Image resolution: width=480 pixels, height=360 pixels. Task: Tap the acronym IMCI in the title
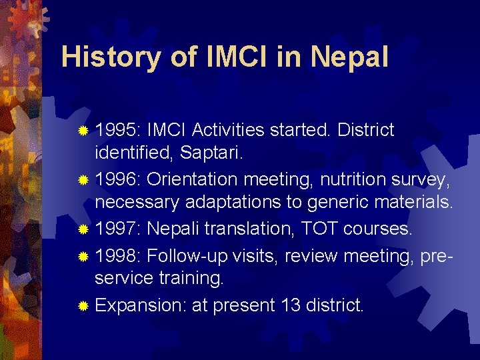[231, 57]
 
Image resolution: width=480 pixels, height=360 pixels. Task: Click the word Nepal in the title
[349, 57]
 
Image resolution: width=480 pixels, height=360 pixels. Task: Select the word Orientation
[192, 179]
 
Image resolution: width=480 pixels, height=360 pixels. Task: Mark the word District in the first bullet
[366, 130]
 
